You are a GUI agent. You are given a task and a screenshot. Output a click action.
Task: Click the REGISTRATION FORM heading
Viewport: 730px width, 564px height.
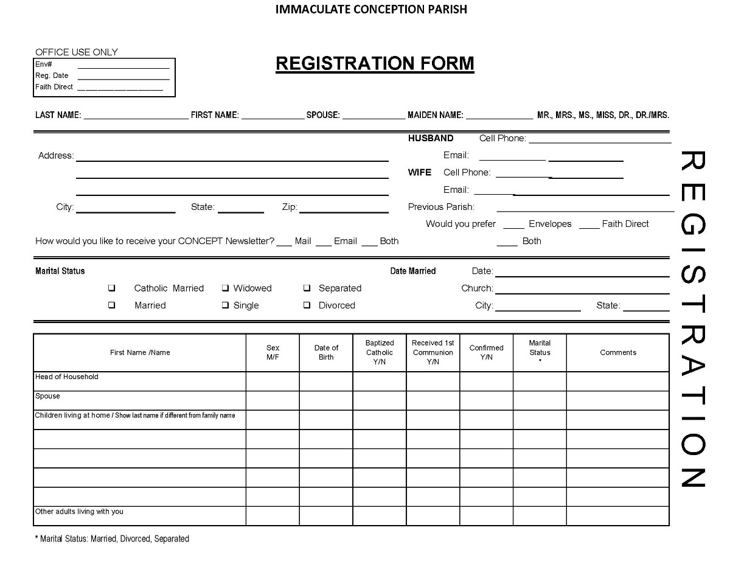tap(375, 64)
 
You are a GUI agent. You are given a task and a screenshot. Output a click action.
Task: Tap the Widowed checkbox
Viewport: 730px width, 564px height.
tap(225, 288)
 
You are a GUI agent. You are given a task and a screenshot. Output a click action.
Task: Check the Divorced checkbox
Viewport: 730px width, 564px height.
tap(307, 305)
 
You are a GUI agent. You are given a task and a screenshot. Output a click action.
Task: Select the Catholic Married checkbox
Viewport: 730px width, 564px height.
tap(112, 288)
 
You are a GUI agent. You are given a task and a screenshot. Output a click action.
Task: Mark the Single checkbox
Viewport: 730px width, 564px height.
tap(225, 305)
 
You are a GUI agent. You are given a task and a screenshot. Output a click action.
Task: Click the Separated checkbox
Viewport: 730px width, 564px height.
tap(307, 288)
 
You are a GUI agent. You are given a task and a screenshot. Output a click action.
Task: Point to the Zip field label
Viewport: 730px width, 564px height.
tap(289, 207)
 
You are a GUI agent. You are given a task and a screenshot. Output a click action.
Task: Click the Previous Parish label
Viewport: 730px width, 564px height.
tap(441, 207)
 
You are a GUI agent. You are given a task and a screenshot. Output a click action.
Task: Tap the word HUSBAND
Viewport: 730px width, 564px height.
tap(431, 138)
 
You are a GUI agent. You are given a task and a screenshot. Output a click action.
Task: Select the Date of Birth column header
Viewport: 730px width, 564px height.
tap(326, 352)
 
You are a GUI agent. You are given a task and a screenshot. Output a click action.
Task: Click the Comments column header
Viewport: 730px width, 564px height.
tap(618, 352)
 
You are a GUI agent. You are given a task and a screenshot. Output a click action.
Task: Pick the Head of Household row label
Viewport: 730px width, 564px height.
tap(67, 377)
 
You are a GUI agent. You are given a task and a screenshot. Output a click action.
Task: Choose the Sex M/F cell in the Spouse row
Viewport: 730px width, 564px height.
tap(273, 400)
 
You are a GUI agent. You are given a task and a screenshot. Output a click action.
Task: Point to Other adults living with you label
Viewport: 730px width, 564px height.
tap(79, 512)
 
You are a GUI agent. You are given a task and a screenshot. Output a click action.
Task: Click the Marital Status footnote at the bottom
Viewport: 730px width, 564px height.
tap(113, 538)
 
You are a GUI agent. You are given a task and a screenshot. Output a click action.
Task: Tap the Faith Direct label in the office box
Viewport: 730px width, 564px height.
tap(54, 87)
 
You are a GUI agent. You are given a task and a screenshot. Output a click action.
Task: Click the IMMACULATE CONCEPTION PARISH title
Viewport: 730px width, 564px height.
tap(371, 9)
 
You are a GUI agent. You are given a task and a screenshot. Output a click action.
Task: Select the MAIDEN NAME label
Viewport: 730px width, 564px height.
tap(436, 115)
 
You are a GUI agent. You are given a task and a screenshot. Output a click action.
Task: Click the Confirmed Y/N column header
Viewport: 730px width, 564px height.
tap(487, 352)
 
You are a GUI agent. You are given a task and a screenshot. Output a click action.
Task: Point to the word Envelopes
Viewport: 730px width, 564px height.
tap(550, 224)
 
